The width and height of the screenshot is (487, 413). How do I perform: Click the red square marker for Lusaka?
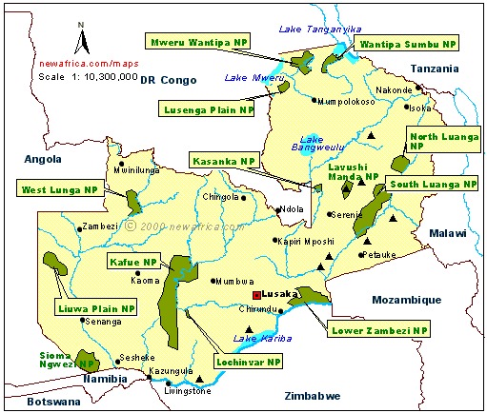[x=256, y=295]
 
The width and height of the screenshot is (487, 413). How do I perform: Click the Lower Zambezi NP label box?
[x=379, y=330]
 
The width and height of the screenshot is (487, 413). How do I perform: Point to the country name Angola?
[x=43, y=159]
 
